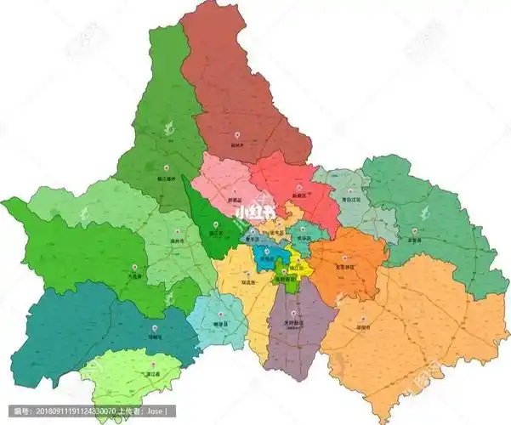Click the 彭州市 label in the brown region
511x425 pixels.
[236, 145]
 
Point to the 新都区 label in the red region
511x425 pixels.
[298, 195]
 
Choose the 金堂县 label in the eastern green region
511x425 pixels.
[414, 240]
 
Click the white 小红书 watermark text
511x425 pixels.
[255, 211]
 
